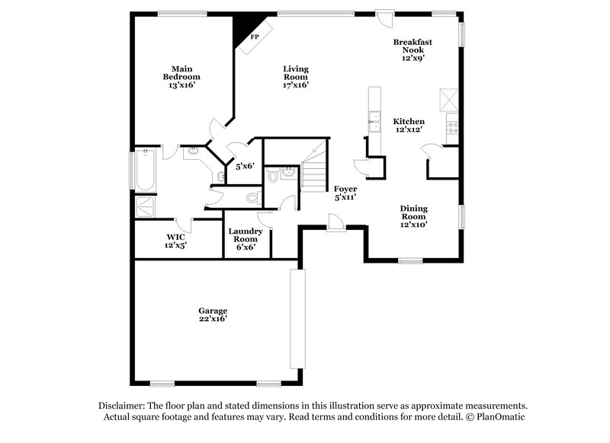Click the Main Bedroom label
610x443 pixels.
click(x=181, y=77)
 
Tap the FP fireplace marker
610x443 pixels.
click(x=255, y=36)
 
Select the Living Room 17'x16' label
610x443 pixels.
click(x=296, y=77)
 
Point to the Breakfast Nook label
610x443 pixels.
click(x=413, y=49)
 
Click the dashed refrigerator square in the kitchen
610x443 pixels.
click(x=448, y=100)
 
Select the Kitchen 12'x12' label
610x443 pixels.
click(x=409, y=126)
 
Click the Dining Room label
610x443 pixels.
click(x=414, y=216)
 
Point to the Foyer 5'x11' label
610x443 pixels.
click(x=345, y=193)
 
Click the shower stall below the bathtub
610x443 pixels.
click(x=145, y=206)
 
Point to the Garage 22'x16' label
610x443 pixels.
click(x=213, y=315)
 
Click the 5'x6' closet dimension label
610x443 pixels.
click(x=245, y=166)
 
